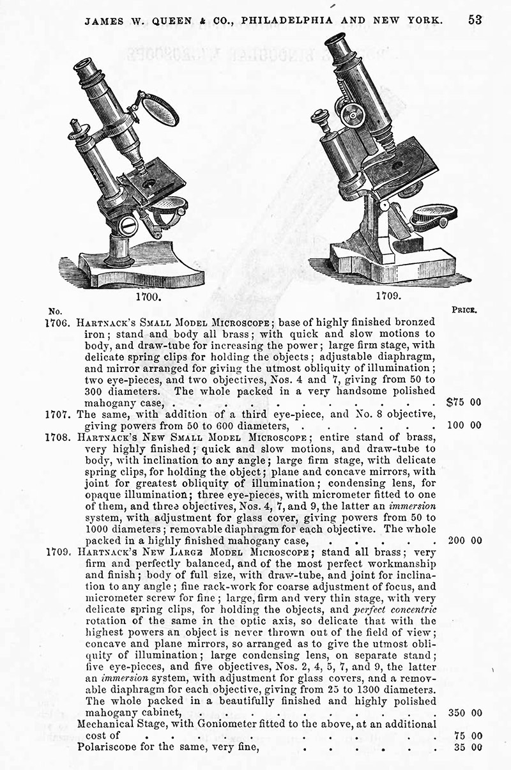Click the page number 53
(x=475, y=19)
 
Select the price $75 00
(x=464, y=402)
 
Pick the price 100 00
(x=465, y=425)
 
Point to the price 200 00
(x=465, y=540)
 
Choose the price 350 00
(x=465, y=712)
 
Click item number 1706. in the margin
(x=60, y=321)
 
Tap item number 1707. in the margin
(x=60, y=414)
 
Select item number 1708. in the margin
(x=60, y=437)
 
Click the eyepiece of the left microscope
(x=85, y=65)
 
